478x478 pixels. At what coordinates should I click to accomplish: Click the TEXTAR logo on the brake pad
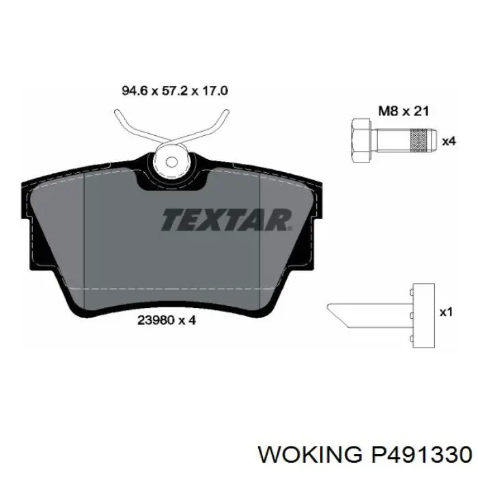coord(227,219)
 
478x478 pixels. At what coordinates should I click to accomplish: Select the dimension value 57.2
coord(175,91)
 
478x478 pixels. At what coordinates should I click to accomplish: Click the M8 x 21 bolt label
coord(404,111)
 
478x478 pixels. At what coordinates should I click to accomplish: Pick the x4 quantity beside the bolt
coord(449,141)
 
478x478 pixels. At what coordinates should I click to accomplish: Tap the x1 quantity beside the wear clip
coord(446,312)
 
